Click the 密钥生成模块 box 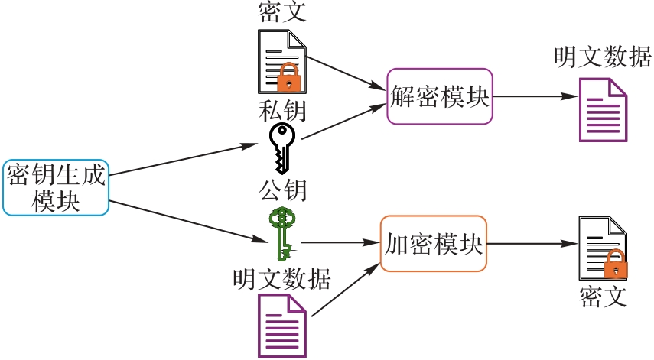click(x=57, y=187)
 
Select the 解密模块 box click(x=440, y=96)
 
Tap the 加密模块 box click(x=434, y=244)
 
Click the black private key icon click(x=281, y=148)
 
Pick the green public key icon click(x=281, y=232)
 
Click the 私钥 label click(x=282, y=112)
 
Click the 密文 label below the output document click(x=603, y=296)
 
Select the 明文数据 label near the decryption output click(x=603, y=57)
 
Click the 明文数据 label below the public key click(x=282, y=279)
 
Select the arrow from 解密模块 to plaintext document click(x=535, y=97)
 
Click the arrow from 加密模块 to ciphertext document click(x=532, y=244)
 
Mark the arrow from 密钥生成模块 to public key click(x=184, y=222)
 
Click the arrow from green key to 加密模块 click(x=340, y=244)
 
